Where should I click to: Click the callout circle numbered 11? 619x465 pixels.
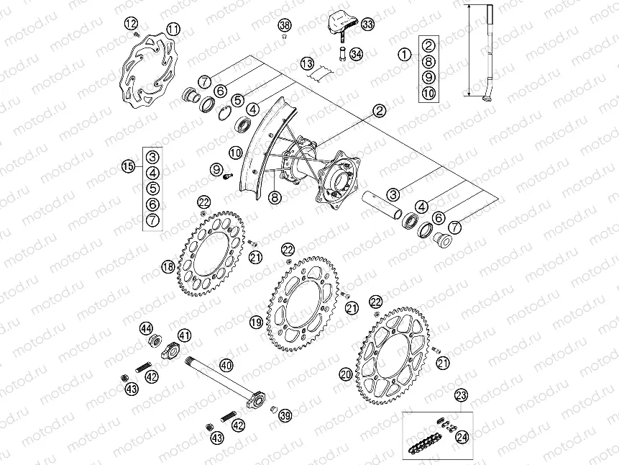point(173,29)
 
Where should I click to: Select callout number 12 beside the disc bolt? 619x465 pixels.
point(129,24)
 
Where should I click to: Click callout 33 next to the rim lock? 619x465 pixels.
point(368,25)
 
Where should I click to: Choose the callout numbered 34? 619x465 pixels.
point(357,54)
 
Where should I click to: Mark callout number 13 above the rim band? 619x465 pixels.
point(308,63)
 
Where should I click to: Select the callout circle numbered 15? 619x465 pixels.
point(129,166)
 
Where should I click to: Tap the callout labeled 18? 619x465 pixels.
point(168,267)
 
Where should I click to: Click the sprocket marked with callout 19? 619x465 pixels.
point(306,302)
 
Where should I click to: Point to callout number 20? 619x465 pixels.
point(347,374)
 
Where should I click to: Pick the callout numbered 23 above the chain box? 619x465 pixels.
point(461,394)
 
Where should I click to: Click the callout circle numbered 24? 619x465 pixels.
point(461,435)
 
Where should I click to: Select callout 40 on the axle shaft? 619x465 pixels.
point(226,366)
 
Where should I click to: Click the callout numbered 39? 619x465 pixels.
point(285,416)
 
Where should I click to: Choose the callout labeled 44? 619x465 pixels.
point(147,328)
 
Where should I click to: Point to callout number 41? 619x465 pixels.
point(185,335)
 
